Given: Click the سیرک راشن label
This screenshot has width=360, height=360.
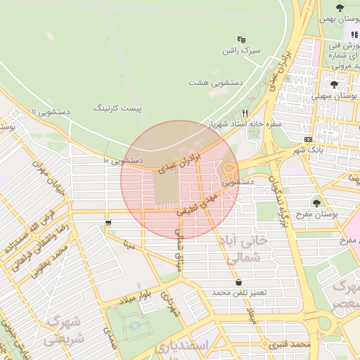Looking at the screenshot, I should [240, 51].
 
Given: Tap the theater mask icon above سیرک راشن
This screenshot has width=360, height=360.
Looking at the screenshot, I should [242, 39].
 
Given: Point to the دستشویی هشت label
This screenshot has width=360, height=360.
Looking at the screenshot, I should [215, 82].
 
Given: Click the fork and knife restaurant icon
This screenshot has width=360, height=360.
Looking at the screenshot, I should [245, 112].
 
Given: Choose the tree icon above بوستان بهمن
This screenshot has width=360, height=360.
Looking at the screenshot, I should [340, 8].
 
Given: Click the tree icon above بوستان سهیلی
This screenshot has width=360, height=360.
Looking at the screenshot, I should [333, 84].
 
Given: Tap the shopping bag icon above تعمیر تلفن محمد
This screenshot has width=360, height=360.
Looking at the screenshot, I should [240, 282].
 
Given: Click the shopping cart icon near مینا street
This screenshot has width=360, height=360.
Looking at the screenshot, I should [108, 223].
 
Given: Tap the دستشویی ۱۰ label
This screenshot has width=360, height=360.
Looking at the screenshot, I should [123, 160].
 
